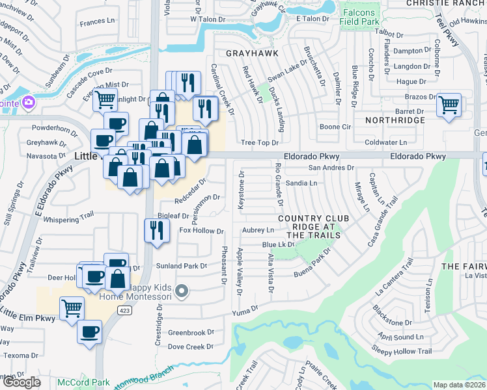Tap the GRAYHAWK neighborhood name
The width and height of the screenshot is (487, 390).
click(x=252, y=53)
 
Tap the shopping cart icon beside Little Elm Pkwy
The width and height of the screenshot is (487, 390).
click(x=72, y=307)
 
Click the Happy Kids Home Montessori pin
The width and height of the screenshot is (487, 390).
click(x=183, y=291)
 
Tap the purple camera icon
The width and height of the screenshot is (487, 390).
click(x=27, y=102)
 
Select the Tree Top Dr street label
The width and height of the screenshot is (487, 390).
click(x=259, y=142)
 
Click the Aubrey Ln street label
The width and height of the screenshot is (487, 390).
click(x=258, y=230)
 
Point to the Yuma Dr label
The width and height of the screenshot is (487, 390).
click(x=245, y=312)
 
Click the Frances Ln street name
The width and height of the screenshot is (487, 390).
click(x=97, y=23)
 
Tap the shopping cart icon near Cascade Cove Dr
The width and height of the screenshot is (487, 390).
click(x=104, y=100)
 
